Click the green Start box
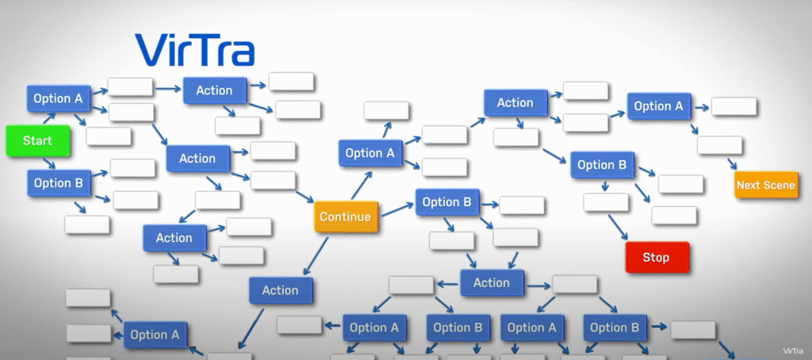(x=37, y=140)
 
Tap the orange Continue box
(x=345, y=216)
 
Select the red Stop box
(x=656, y=257)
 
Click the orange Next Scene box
(x=765, y=186)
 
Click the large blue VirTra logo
(x=194, y=49)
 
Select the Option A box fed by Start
(x=58, y=99)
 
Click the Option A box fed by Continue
(x=370, y=154)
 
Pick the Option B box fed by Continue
(x=446, y=202)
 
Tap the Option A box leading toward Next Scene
(x=658, y=106)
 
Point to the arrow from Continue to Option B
(x=396, y=209)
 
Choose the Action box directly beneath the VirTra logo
(x=214, y=90)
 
